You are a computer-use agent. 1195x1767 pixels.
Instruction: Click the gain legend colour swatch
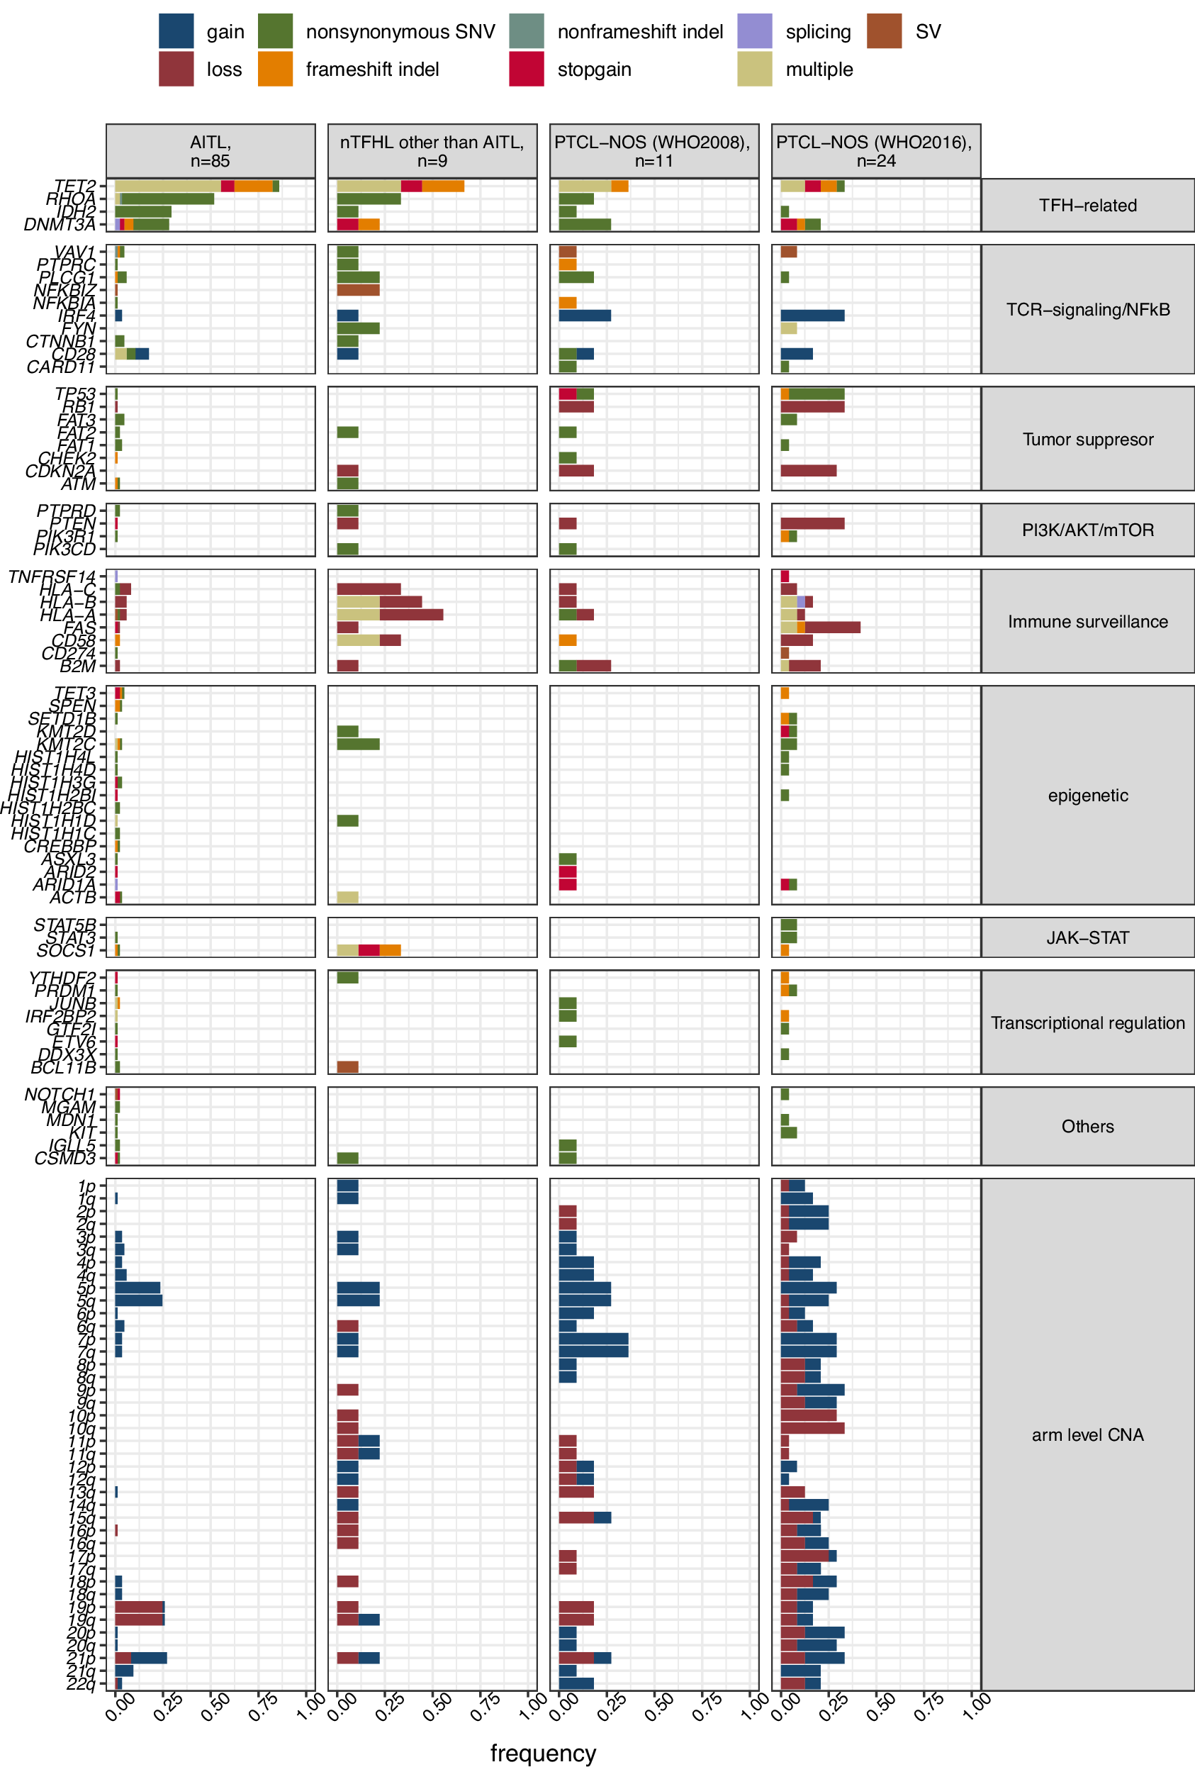pos(176,31)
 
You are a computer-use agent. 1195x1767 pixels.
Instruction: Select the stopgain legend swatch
pos(526,69)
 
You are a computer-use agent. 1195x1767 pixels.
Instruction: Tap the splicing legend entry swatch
pos(754,31)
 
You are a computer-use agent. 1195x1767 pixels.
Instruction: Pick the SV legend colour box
pos(884,31)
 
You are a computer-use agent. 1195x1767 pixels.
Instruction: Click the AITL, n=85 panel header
pos(211,151)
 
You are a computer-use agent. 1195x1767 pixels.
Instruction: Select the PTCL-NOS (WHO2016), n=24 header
pos(875,151)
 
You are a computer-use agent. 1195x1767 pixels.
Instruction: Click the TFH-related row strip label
pos(1087,206)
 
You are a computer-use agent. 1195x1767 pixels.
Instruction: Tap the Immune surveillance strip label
pos(1087,621)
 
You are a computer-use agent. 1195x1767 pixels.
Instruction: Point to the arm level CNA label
pos(1087,1434)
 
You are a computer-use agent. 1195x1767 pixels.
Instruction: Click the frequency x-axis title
pos(543,1752)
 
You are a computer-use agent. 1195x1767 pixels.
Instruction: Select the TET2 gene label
pos(75,186)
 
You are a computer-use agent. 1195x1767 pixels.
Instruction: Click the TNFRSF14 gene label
pos(52,576)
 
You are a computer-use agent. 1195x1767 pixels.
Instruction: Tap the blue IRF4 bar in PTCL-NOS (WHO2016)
pos(812,316)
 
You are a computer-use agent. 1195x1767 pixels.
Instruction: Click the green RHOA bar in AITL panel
pos(167,199)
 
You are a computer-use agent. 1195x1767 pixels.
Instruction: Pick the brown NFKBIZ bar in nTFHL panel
pos(358,290)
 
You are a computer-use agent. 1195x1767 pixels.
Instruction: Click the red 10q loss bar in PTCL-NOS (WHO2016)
pos(812,1428)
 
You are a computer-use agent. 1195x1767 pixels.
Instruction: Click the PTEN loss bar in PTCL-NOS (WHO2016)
pos(812,523)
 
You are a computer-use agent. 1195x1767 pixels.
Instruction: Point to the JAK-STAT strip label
pos(1087,937)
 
